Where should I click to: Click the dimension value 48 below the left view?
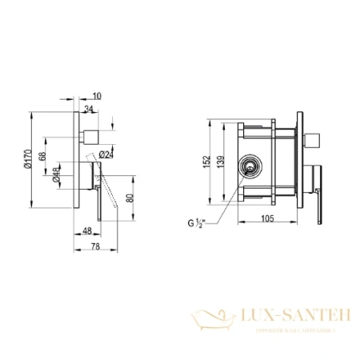click(x=86, y=232)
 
